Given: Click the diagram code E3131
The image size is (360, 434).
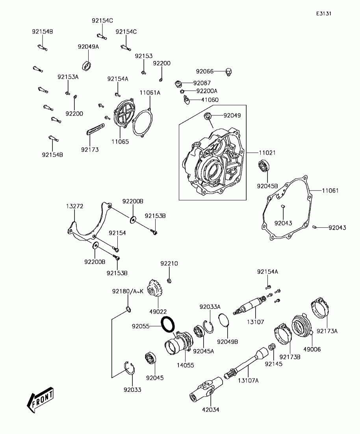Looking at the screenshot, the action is click(x=324, y=13).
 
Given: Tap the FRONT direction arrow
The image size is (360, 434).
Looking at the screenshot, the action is click(x=40, y=400).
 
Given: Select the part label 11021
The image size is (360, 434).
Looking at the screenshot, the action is click(x=267, y=152).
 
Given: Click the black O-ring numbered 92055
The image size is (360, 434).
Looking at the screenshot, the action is click(x=168, y=325).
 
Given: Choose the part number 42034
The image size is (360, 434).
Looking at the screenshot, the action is click(x=211, y=409).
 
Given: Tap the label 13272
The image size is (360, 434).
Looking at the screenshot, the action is click(x=74, y=206).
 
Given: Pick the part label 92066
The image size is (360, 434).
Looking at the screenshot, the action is click(x=205, y=71).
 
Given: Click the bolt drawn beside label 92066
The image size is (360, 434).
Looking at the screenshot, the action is click(x=228, y=72).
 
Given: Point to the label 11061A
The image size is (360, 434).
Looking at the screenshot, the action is click(x=150, y=93).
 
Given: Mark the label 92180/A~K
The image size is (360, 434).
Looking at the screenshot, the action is click(x=128, y=291).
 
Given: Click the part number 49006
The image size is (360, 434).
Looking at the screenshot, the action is click(x=312, y=349).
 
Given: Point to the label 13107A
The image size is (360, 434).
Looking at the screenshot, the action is click(x=248, y=380).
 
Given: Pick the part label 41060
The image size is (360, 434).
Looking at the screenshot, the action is click(x=210, y=100).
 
